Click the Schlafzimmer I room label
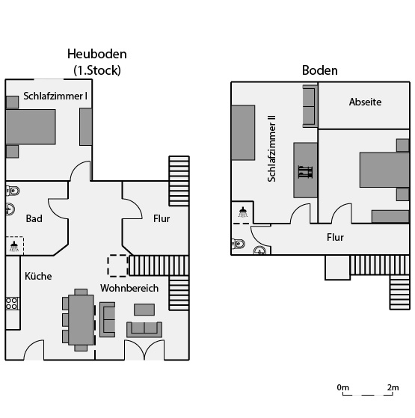coord(55,96)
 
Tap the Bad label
coord(34,218)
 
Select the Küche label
coord(38,276)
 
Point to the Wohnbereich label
coord(129,288)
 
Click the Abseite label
coord(365,102)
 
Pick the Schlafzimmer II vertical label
coord(271,149)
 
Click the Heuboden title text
coord(97,54)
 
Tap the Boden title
coord(320,70)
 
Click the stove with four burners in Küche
coord(12,304)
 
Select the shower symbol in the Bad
coord(14,246)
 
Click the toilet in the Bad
coord(13,191)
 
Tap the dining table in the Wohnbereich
coord(82,320)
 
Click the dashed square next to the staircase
coord(117,265)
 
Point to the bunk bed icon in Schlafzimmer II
coord(305,172)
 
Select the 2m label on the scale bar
coord(393,387)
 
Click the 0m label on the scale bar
coord(342,387)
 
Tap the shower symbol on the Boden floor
coord(243,212)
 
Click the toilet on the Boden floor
coord(239,243)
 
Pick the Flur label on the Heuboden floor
coord(162,218)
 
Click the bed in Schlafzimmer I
coord(31,127)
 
